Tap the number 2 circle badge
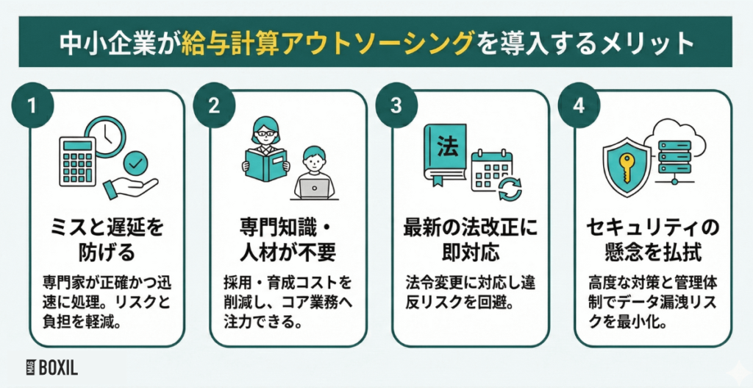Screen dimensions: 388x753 (x=213, y=105)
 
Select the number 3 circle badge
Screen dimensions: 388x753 (x=396, y=105)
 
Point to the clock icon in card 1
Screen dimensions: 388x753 (x=104, y=138)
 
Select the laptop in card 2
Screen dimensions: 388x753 (x=315, y=188)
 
